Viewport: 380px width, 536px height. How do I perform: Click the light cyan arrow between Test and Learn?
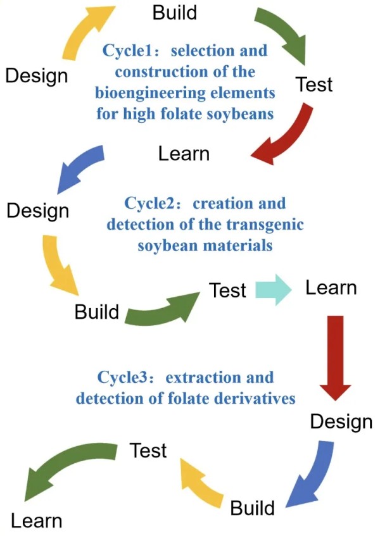(x=273, y=290)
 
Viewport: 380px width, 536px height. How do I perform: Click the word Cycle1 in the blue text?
(x=125, y=50)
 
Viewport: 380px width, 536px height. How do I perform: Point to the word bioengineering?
(x=146, y=93)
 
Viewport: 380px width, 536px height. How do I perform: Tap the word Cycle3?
(x=123, y=378)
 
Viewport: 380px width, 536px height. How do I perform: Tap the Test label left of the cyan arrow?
(x=227, y=290)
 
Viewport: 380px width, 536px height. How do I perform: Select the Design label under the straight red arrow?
(x=341, y=421)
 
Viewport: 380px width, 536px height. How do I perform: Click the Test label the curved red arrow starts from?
(x=314, y=84)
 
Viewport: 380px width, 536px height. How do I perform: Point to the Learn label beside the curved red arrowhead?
(x=184, y=153)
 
